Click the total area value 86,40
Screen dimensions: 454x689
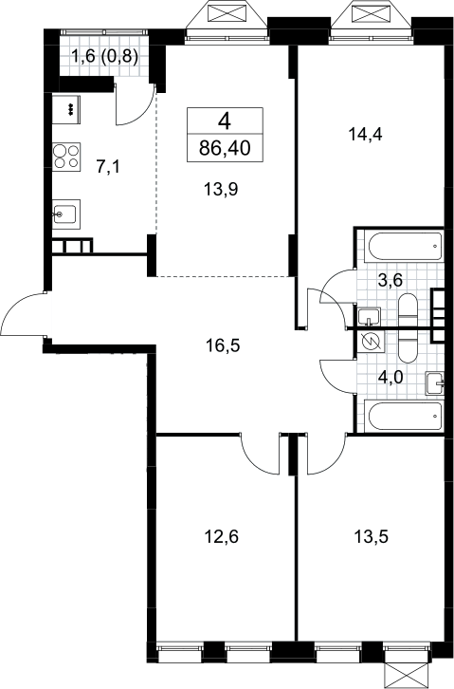coord(225,148)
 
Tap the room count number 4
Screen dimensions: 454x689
coord(225,121)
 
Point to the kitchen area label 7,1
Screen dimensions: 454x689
coord(108,167)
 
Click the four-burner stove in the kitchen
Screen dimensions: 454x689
coord(66,157)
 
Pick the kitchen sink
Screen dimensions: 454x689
coord(66,214)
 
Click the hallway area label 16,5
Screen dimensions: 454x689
coord(223,345)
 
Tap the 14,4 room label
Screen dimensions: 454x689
coord(366,134)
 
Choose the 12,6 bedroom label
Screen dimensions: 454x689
coord(222,536)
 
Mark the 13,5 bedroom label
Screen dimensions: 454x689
coord(372,536)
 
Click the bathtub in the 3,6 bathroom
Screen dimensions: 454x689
coord(405,247)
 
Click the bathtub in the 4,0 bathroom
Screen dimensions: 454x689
coord(405,416)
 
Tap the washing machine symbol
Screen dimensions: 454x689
coord(371,342)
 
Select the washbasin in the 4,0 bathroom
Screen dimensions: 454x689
coord(434,383)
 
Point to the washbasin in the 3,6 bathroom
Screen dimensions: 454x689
coord(369,316)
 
